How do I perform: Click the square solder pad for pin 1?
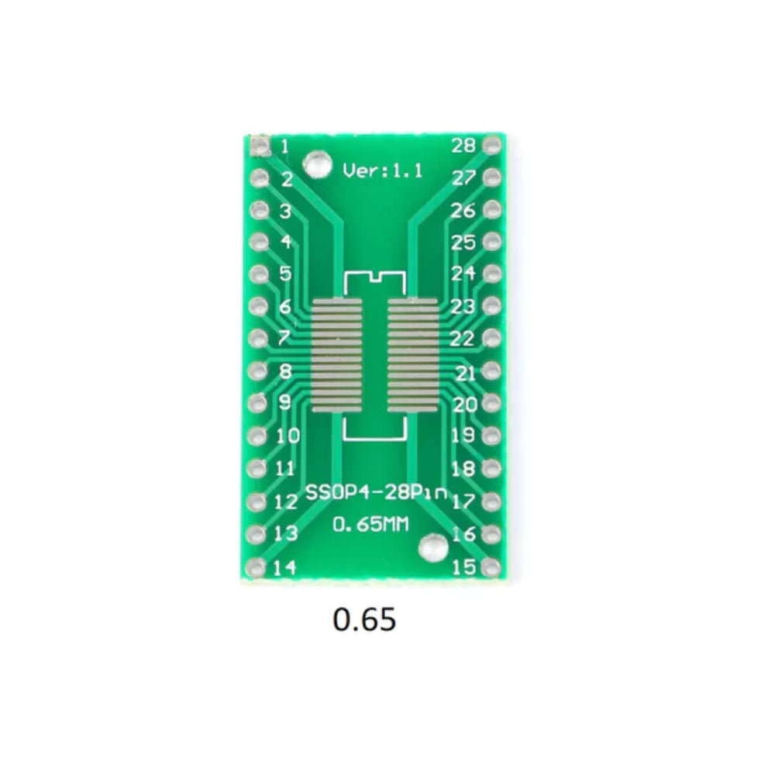259,145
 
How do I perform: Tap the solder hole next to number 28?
491,145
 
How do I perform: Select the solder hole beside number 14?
259,567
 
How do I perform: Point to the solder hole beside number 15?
491,567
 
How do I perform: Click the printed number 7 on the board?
284,339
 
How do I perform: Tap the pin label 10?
288,436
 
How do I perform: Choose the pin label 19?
463,436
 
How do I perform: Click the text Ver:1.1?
383,171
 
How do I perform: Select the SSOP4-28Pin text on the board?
377,492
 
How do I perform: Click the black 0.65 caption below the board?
365,619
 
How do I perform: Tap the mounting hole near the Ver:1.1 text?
315,164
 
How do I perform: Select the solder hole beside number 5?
259,274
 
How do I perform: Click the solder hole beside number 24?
491,274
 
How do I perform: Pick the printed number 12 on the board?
286,501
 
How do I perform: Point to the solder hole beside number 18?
491,469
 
